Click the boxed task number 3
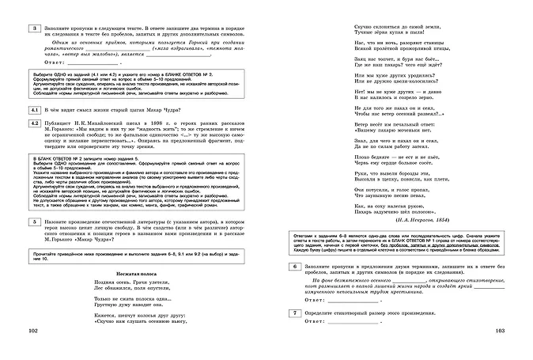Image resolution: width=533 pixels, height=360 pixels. click(x=34, y=29)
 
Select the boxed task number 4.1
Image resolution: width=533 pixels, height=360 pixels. click(x=34, y=108)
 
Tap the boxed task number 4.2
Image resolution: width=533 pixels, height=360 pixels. click(x=34, y=124)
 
